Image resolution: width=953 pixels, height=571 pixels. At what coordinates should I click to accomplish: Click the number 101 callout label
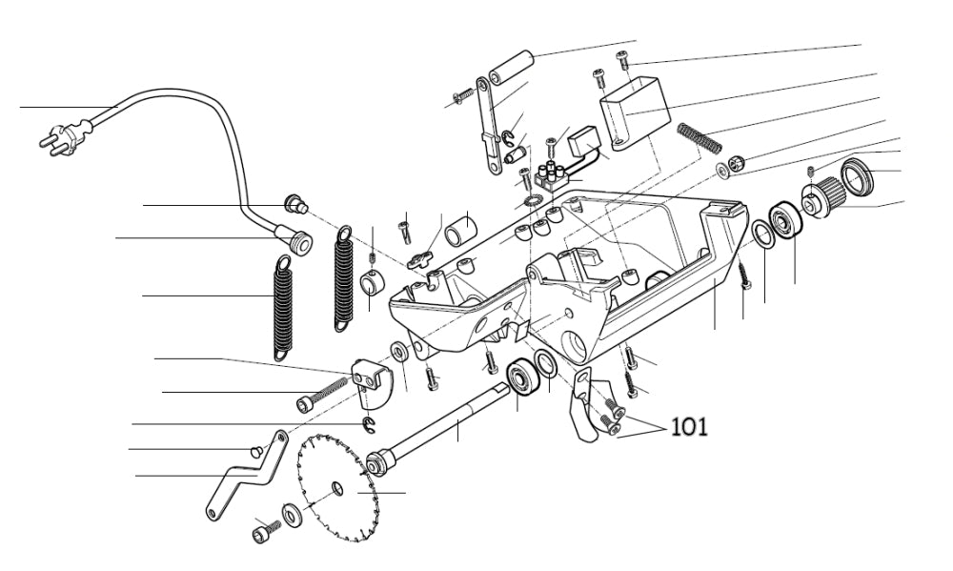pos(689,425)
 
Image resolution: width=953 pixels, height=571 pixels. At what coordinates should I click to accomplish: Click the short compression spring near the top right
pos(700,136)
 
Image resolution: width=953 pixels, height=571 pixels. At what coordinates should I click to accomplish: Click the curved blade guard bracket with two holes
pos(372,380)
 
